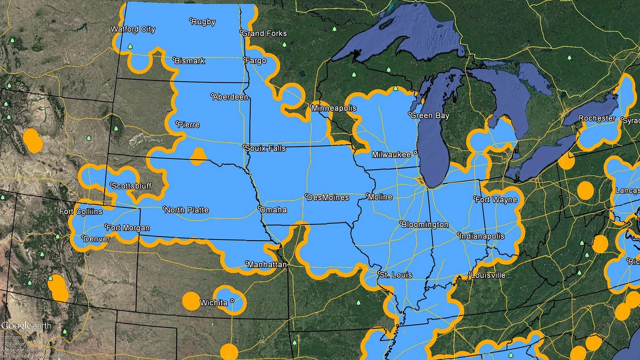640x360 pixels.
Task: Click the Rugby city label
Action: (204, 22)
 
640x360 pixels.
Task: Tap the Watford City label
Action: (133, 29)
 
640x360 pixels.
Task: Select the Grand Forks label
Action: (265, 34)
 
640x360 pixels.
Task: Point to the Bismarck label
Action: (190, 61)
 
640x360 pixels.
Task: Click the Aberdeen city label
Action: (231, 97)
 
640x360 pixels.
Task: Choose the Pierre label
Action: (189, 125)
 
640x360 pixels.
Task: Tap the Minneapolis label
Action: (334, 108)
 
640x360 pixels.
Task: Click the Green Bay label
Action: (430, 116)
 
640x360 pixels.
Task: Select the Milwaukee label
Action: (391, 155)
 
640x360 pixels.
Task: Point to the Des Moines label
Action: (328, 198)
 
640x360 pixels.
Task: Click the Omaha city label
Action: (273, 210)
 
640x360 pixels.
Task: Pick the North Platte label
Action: (187, 210)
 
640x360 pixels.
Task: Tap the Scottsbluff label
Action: (131, 186)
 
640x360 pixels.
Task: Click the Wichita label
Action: (213, 303)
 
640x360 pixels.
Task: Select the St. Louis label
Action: (396, 275)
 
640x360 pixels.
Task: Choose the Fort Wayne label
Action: (496, 200)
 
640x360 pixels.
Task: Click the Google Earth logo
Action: (26, 326)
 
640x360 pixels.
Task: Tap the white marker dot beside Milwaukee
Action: (415, 153)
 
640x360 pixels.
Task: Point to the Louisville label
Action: (488, 275)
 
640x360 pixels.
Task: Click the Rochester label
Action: (597, 119)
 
